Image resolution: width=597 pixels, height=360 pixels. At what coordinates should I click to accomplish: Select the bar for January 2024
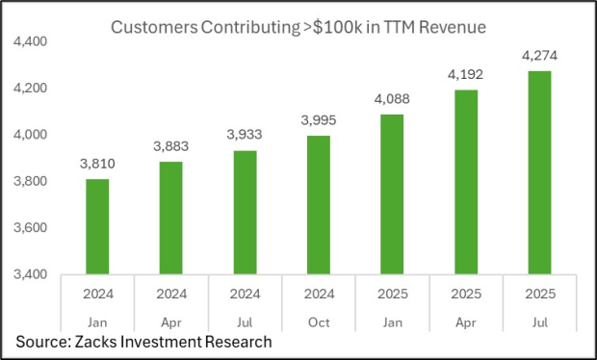click(x=97, y=226)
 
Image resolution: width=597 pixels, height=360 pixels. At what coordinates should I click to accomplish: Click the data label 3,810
click(x=97, y=165)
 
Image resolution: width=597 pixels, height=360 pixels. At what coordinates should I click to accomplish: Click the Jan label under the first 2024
click(x=97, y=321)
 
